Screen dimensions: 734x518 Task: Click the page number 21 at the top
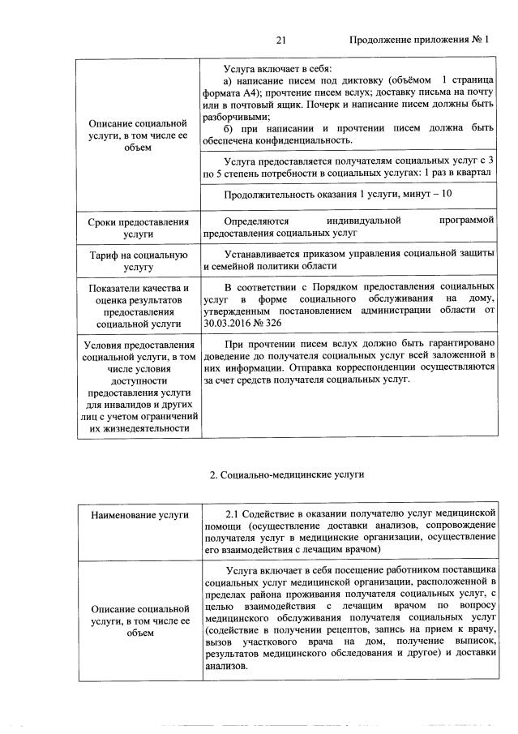click(281, 40)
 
